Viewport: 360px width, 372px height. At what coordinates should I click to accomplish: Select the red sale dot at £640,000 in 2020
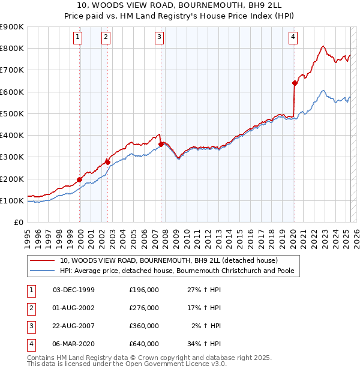(x=295, y=83)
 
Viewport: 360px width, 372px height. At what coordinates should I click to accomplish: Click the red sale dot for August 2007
(x=161, y=143)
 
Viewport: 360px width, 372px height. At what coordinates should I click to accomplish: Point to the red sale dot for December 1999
(x=80, y=179)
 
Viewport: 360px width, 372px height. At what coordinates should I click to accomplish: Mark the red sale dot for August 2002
(x=107, y=162)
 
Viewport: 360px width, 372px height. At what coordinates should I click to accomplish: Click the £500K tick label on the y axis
(x=11, y=113)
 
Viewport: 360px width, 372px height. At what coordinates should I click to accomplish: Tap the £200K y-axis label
(x=11, y=179)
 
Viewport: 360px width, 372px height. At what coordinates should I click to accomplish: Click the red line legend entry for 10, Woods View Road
(x=168, y=261)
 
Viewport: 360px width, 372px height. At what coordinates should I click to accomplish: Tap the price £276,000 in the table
(x=143, y=308)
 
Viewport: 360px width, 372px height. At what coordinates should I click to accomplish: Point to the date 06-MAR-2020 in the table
(x=74, y=344)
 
